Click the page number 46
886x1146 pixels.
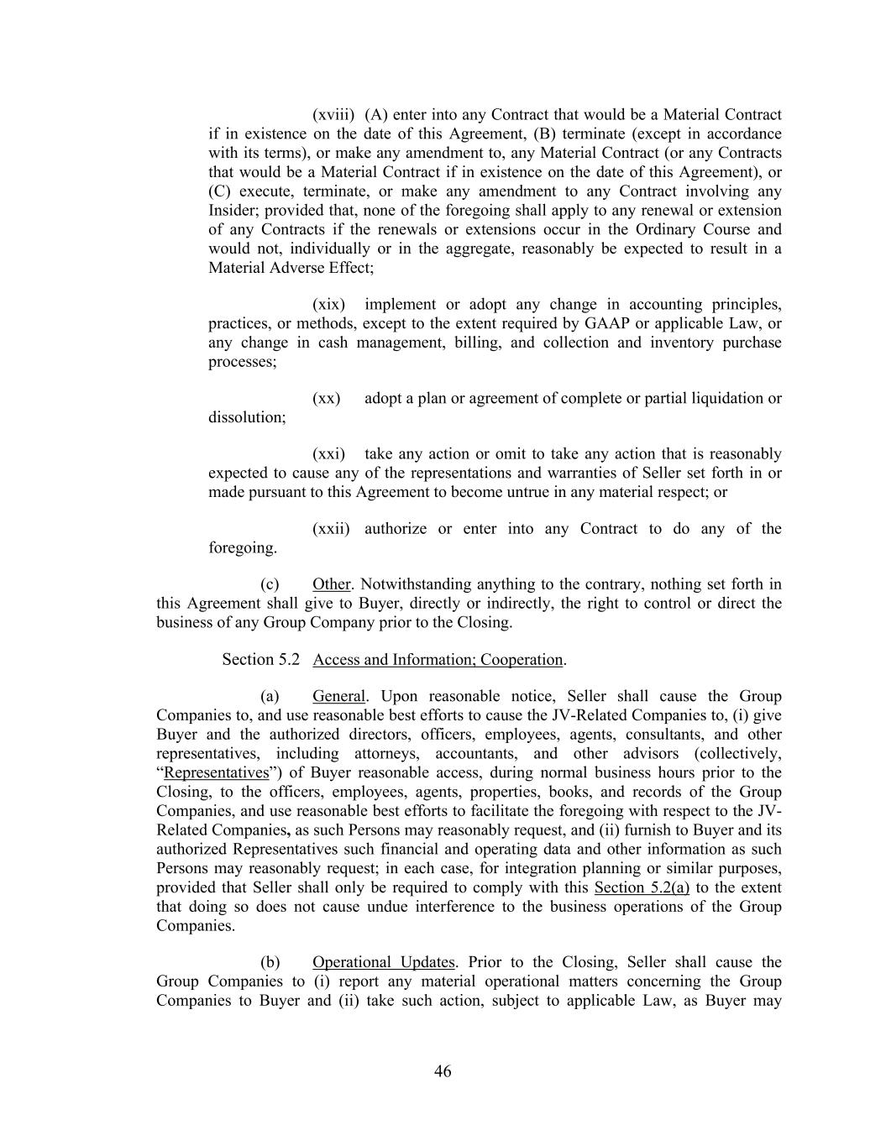(443, 1071)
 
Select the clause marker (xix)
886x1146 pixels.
(328, 304)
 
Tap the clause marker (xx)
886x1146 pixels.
(326, 398)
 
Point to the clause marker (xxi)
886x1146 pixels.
(328, 453)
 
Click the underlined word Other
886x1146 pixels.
(331, 584)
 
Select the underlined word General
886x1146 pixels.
(338, 696)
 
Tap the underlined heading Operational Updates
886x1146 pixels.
(384, 962)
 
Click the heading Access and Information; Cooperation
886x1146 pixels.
(438, 659)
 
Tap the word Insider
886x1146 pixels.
(233, 210)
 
